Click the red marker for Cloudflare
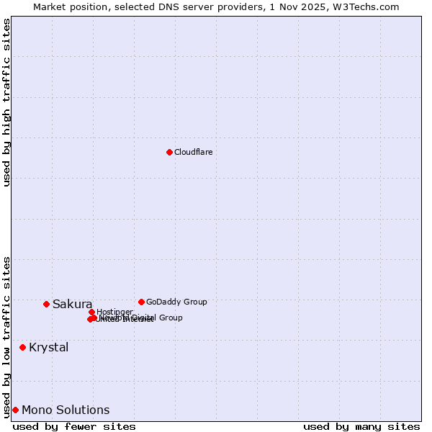pyautogui.click(x=169, y=152)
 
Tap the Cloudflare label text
pyautogui.click(x=193, y=152)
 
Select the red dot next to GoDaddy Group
pyautogui.click(x=141, y=302)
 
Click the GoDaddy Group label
pyautogui.click(x=176, y=302)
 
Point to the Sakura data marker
pyautogui.click(x=46, y=304)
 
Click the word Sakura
pyautogui.click(x=72, y=304)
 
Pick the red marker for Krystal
pyautogui.click(x=22, y=347)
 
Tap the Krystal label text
pyautogui.click(x=49, y=347)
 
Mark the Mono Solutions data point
pyautogui.click(x=15, y=410)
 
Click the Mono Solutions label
pyautogui.click(x=66, y=410)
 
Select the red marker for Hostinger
pyautogui.click(x=91, y=312)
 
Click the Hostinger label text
pyautogui.click(x=114, y=312)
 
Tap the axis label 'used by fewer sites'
pyautogui.click(x=74, y=426)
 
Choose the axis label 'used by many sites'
pyautogui.click(x=361, y=426)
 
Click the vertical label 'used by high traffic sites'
pyautogui.click(x=6, y=102)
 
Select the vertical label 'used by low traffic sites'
pyautogui.click(x=6, y=337)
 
